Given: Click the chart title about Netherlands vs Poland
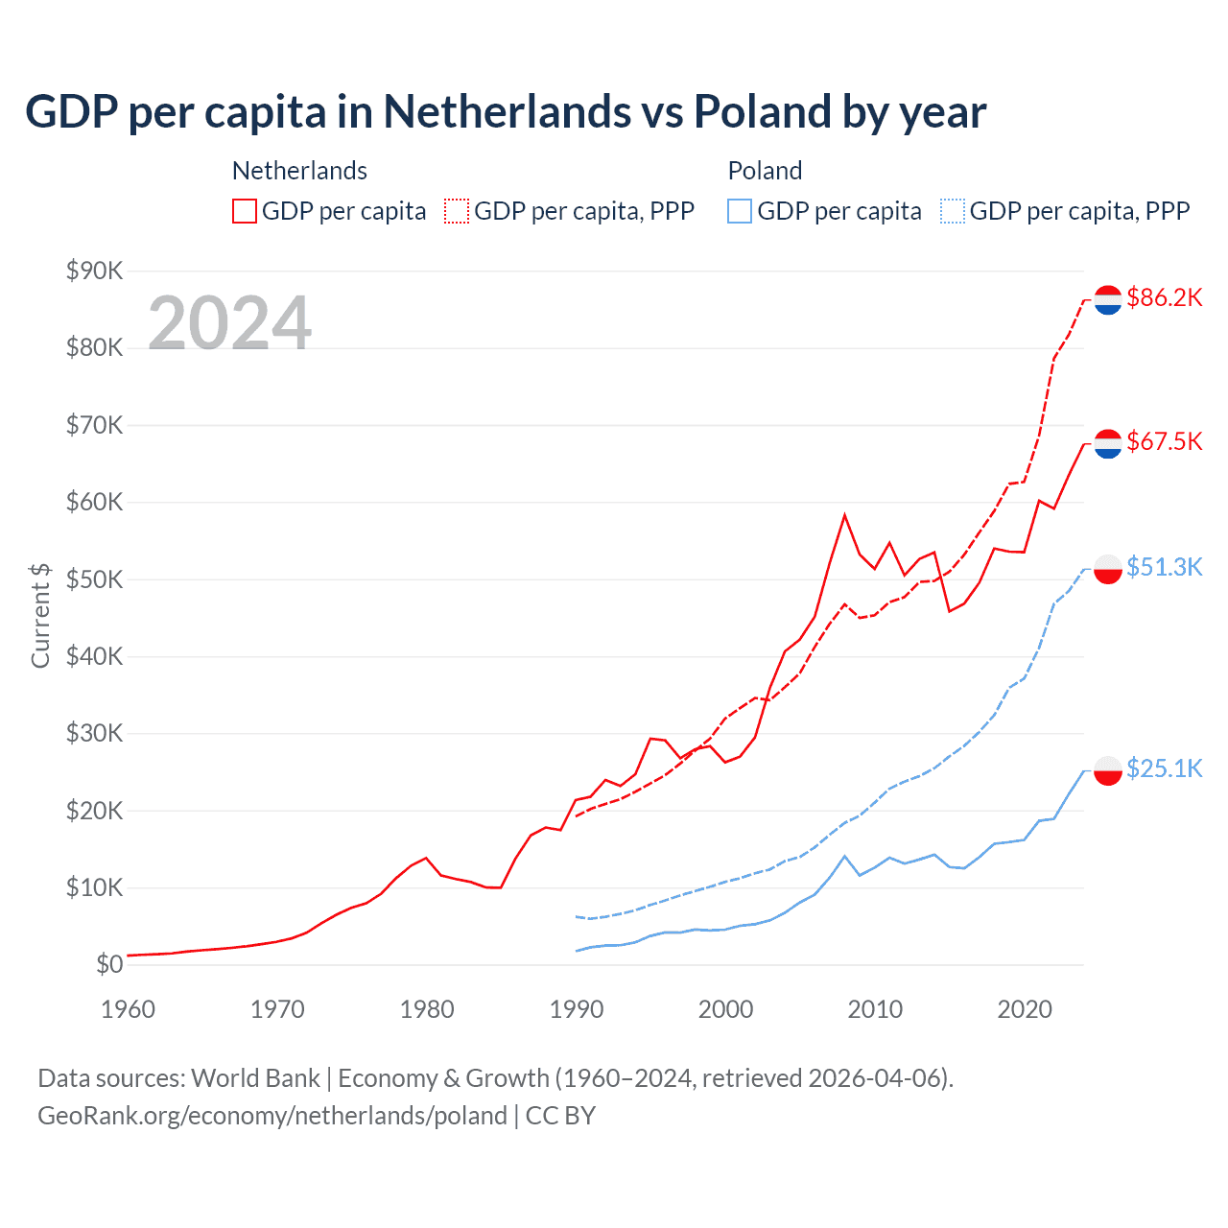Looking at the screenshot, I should tap(506, 112).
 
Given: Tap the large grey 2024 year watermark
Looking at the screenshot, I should tap(229, 323).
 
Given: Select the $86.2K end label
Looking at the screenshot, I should tap(1164, 297).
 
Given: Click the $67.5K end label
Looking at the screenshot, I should tap(1164, 441).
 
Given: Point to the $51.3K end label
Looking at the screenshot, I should tap(1164, 567).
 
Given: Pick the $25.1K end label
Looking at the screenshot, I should tap(1164, 768).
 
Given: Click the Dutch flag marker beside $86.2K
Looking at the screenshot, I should tap(1108, 300).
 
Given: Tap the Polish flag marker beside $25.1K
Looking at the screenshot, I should tap(1108, 771).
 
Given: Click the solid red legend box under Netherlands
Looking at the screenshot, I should tap(245, 211).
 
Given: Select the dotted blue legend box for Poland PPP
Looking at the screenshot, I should tap(953, 211).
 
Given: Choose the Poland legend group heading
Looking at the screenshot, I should tap(765, 171).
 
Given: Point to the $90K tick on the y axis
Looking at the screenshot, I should tap(94, 271).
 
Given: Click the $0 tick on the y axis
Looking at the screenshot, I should tap(109, 964).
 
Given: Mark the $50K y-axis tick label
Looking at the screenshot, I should tap(94, 579).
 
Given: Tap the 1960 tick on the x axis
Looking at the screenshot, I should tap(128, 1009).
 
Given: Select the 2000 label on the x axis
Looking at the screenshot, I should tap(725, 1009).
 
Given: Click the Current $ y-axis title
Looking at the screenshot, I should tap(40, 616).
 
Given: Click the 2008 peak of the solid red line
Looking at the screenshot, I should tap(844, 515).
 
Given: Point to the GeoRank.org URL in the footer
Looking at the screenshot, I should tap(272, 1116).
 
